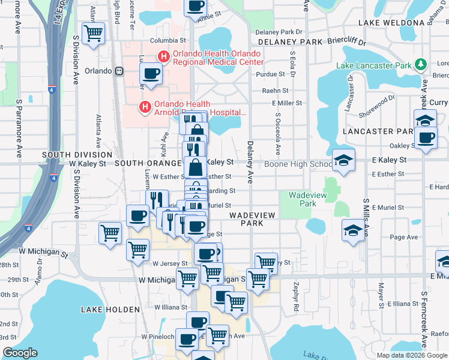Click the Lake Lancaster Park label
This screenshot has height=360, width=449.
click(x=374, y=65)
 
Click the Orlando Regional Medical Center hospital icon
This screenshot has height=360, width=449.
click(x=163, y=56)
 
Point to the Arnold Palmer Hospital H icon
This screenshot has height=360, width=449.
click(x=145, y=107)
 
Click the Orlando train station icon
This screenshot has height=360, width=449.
click(x=119, y=70)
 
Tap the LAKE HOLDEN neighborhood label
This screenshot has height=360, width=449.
click(x=110, y=310)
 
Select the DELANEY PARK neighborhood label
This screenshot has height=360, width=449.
click(x=291, y=42)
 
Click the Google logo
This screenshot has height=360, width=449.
click(x=20, y=353)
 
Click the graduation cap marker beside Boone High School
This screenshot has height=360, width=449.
click(x=343, y=160)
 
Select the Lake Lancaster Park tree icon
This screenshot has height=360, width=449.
click(x=421, y=64)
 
